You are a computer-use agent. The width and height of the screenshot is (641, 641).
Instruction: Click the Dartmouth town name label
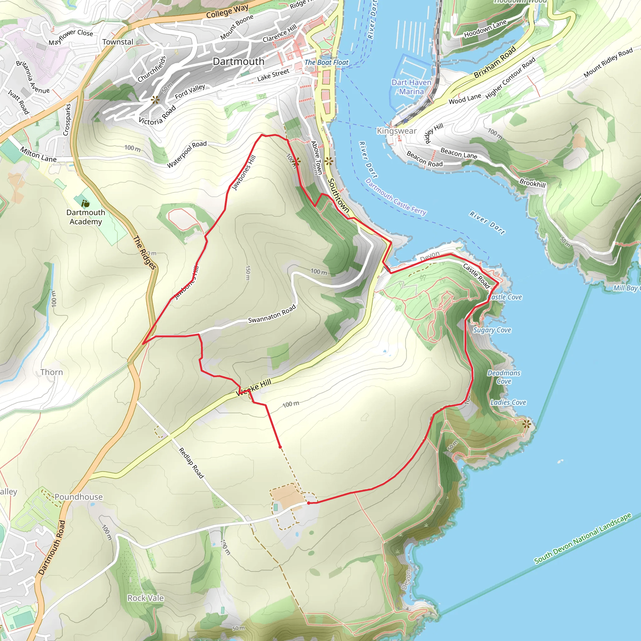point(238,61)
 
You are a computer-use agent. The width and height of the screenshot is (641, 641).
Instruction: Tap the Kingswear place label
point(397,131)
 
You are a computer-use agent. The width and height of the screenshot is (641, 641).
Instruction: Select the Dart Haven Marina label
point(411,87)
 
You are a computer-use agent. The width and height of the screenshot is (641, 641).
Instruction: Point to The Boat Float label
point(326,62)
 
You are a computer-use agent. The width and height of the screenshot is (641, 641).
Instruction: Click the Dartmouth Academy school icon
point(85,203)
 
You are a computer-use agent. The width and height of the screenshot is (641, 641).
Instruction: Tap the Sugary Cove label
point(492,330)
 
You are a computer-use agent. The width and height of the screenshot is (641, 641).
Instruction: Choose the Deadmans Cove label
point(504,377)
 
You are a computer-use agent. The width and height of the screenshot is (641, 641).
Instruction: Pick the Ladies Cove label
point(508,403)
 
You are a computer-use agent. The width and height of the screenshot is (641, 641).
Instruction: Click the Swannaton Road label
point(272,314)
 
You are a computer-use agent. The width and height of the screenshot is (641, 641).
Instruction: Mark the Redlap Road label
point(191,463)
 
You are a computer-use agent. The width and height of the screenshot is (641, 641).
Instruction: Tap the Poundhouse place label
point(79,497)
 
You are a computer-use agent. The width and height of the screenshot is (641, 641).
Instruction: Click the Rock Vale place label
point(146,598)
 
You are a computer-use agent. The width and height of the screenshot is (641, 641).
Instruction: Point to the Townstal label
point(117,42)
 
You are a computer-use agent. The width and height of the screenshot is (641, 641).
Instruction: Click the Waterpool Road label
point(187,154)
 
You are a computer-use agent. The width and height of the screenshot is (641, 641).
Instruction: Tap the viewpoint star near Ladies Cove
point(526,424)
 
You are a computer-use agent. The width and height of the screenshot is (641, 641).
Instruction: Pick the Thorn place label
point(52,372)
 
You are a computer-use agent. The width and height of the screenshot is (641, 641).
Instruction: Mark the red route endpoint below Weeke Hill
point(280,447)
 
